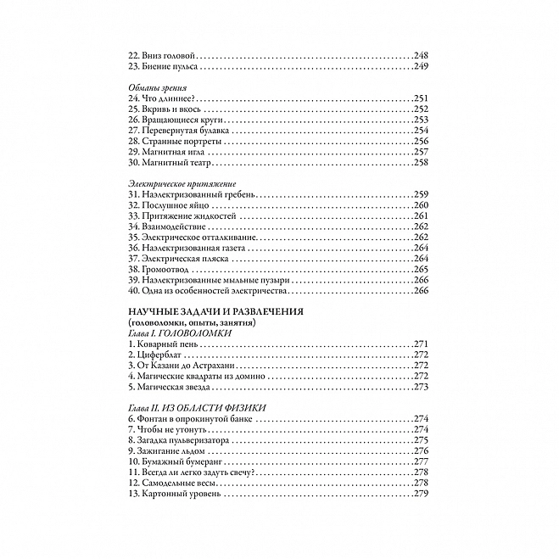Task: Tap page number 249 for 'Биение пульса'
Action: coord(422,65)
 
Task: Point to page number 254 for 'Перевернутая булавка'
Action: coord(422,131)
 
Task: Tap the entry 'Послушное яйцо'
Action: coord(167,207)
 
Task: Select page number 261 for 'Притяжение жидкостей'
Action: coord(422,218)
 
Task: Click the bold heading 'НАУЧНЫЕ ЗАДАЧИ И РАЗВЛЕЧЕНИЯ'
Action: coord(215,312)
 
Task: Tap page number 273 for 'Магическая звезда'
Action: coord(422,388)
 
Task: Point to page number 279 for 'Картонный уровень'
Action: coord(422,495)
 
